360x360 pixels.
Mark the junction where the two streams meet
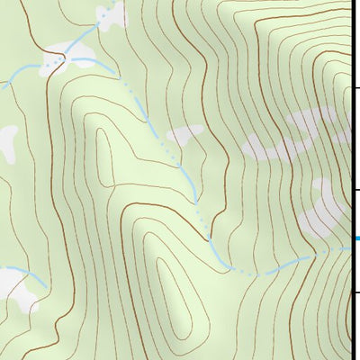[64, 58]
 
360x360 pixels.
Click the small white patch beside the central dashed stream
[186, 134]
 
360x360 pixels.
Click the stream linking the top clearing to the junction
[85, 36]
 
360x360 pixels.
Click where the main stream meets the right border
[349, 251]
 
